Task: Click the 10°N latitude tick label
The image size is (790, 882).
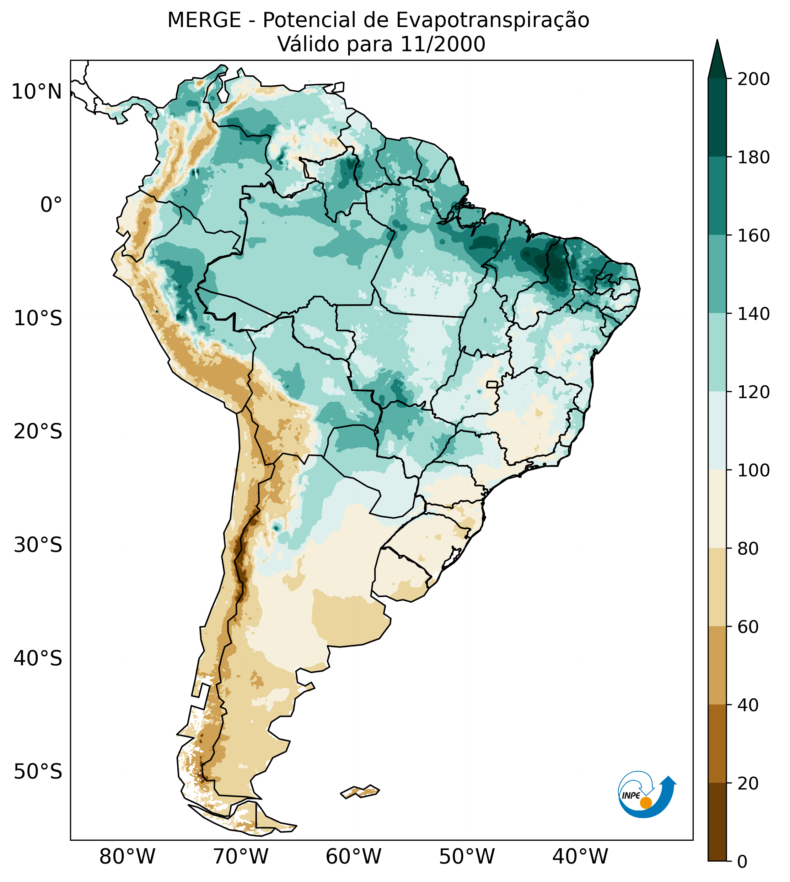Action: tap(37, 92)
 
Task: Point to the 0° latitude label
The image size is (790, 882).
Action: tap(51, 205)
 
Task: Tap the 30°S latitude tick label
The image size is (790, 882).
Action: tap(38, 545)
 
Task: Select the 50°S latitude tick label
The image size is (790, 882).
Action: tap(38, 772)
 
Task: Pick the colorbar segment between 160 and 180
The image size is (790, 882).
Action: tap(717, 196)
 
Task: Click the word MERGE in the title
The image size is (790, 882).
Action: tap(204, 20)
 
